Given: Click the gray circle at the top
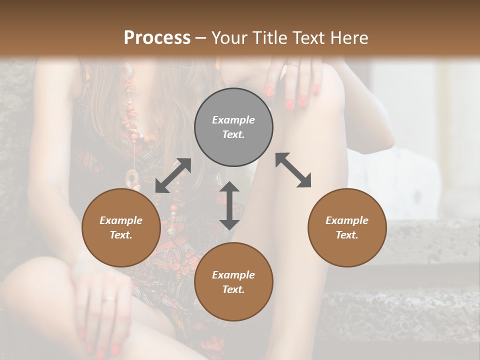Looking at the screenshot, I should (233, 127).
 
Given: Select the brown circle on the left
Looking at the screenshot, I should (121, 227).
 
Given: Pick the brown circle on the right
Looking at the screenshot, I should (347, 227).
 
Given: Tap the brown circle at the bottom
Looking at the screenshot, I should (233, 282).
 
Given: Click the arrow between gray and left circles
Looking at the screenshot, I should (173, 175).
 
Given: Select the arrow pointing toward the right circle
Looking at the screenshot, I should (293, 170).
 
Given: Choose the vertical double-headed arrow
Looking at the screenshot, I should (229, 205).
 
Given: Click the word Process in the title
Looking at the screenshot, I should (157, 38).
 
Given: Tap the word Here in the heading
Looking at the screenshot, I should (350, 38).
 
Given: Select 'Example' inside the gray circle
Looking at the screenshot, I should (233, 120).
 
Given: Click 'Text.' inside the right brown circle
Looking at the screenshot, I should (347, 235).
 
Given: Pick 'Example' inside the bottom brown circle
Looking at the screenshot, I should (233, 275).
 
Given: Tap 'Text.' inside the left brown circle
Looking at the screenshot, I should (121, 235).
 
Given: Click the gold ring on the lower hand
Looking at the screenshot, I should (109, 298).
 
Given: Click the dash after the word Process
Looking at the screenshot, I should (201, 38).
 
